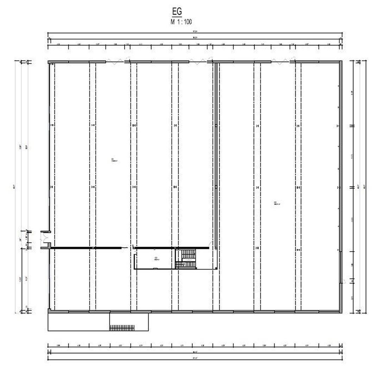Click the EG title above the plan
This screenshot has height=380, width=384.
click(177, 12)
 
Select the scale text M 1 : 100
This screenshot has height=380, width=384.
click(181, 22)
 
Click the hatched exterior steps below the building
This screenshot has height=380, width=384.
click(122, 328)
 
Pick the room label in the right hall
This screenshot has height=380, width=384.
click(277, 203)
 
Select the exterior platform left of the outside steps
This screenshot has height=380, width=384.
click(78, 322)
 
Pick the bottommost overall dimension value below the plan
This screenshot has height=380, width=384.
click(195, 358)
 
